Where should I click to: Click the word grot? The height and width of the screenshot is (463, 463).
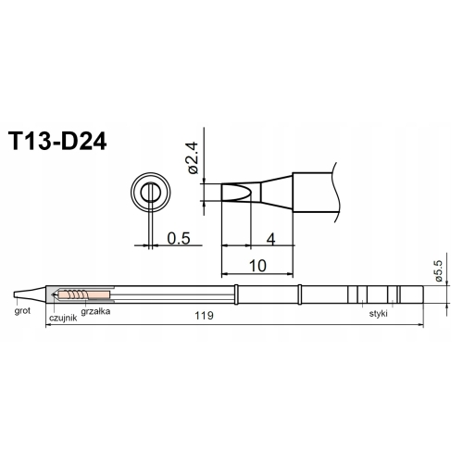23,311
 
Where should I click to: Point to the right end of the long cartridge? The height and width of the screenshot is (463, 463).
422,295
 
